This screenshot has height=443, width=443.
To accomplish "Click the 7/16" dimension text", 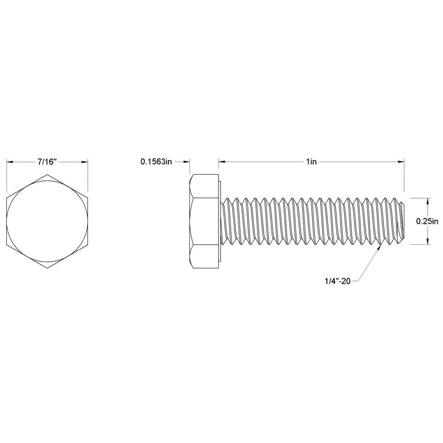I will [47, 162].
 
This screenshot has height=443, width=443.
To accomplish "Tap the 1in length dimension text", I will [312, 162].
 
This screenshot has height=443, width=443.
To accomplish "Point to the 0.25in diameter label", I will [427, 221].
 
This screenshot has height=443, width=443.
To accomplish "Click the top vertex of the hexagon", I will [47, 175].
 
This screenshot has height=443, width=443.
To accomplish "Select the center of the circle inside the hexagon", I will [47, 221].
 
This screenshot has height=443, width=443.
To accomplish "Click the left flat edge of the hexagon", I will [7, 221].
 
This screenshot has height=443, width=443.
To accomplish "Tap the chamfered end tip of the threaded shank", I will [404, 221].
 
